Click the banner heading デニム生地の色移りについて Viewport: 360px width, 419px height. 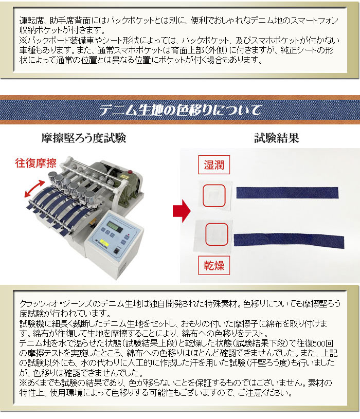pos(180,110)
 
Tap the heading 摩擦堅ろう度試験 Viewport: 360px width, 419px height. pos(84,138)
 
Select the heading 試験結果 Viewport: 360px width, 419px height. pos(276,138)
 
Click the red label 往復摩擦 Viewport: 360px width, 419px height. pos(36,163)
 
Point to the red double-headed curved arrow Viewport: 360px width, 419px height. pos(34,188)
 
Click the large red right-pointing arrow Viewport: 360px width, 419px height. pos(182,211)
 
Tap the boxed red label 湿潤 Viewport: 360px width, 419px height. pos(214,165)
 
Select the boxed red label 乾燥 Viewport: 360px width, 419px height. pos(214,265)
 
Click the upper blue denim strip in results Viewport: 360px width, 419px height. pos(287,193)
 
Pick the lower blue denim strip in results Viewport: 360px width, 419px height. pos(289,240)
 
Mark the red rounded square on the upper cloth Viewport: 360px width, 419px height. pos(214,195)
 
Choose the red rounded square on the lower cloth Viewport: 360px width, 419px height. pos(217,234)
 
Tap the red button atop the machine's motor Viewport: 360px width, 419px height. pos(131,171)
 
